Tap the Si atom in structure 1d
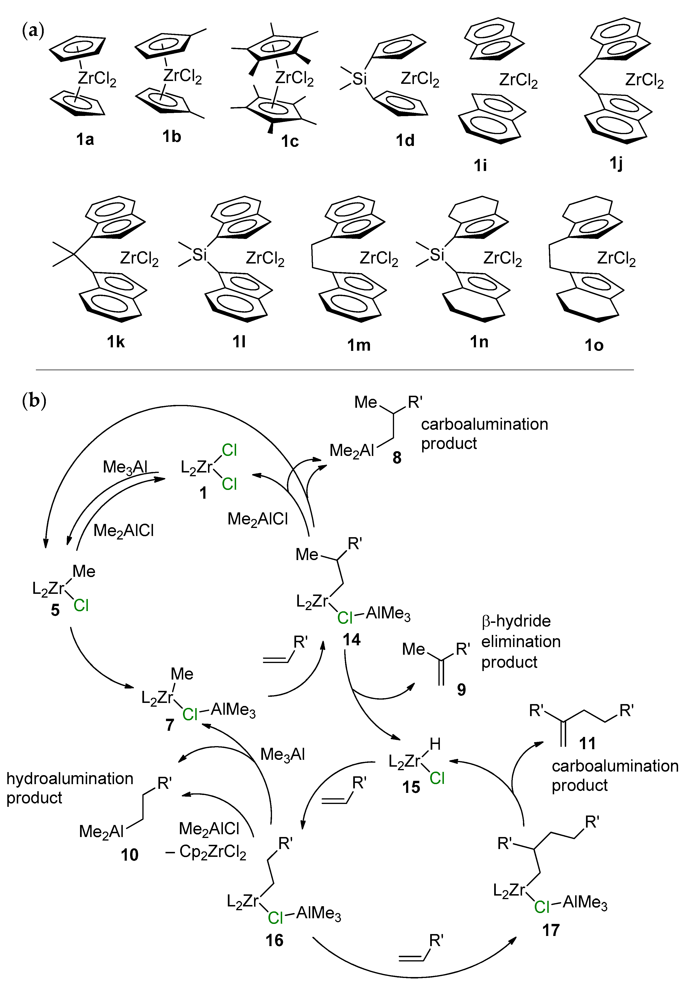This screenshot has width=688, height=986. pos(359,79)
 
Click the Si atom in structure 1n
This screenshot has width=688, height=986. pos(437,255)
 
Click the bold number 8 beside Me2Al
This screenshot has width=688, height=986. pos(397,458)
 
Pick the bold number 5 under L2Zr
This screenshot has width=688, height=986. pos(55,610)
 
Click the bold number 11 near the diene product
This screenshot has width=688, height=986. pos(587,743)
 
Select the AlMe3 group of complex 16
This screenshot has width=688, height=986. pos(318,914)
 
